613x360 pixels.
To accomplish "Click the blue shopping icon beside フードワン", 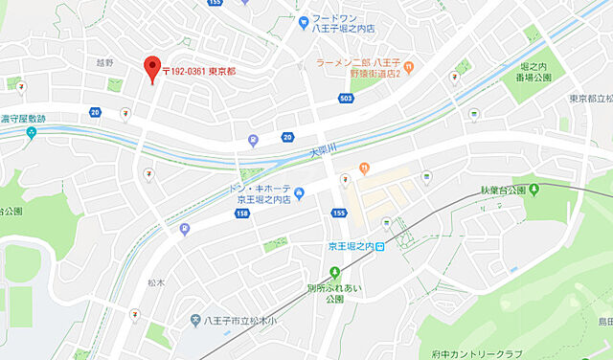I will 303,19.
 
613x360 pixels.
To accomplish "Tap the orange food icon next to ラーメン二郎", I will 409,66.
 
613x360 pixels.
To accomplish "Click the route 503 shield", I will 346,98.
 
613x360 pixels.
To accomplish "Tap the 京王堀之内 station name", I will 349,246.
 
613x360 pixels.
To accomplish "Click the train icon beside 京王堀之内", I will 380,246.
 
